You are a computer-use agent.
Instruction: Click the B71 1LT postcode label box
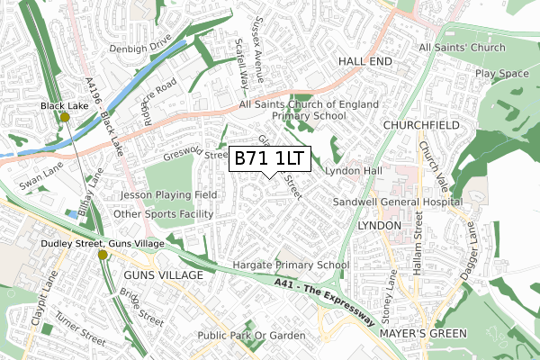click(271, 159)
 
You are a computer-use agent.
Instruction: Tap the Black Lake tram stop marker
click(65, 117)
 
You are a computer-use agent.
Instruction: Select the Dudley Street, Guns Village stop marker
click(103, 255)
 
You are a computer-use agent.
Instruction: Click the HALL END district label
click(366, 59)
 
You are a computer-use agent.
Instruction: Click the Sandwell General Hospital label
click(397, 202)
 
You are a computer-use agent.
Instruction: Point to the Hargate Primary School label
click(291, 265)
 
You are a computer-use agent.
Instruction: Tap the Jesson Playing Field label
click(168, 194)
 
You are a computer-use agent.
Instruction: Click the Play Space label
click(502, 73)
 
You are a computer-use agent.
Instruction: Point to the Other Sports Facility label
click(165, 214)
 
